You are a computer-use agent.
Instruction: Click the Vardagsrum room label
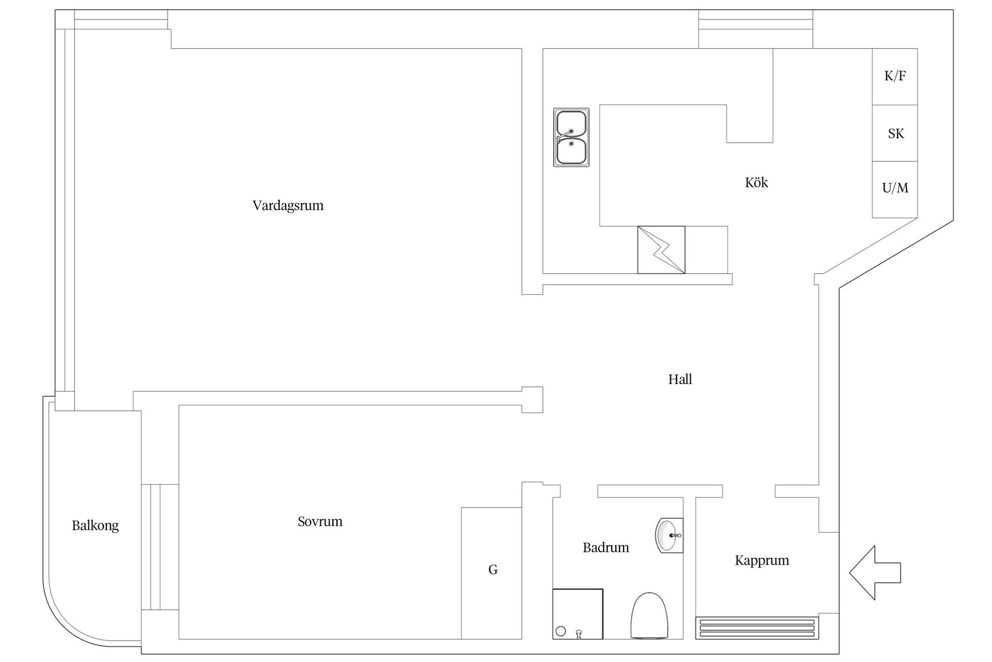[x=288, y=206]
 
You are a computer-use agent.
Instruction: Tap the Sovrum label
[x=320, y=521]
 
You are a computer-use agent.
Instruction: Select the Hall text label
[x=680, y=380]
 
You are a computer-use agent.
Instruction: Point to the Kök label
[x=756, y=182]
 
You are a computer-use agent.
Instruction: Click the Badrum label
[x=606, y=547]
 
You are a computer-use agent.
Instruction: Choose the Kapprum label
[x=762, y=561]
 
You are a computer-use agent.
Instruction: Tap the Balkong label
[x=95, y=526]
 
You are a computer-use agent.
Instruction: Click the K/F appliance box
[x=895, y=77]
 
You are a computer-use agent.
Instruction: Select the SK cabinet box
[x=895, y=133]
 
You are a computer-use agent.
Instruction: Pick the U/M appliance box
[x=895, y=189]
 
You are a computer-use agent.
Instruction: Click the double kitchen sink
[x=571, y=138]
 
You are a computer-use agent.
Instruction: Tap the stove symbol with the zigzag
[x=661, y=250]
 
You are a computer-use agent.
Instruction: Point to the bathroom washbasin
[x=669, y=535]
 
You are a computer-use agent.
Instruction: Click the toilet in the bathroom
[x=649, y=615]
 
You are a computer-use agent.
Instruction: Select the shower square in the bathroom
[x=578, y=614]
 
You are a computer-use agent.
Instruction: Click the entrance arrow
[x=875, y=573]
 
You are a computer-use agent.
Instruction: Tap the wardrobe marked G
[x=491, y=573]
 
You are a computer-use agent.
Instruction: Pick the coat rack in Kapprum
[x=757, y=628]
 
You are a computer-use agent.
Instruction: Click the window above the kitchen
[x=755, y=29]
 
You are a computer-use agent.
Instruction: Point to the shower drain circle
[x=561, y=631]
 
